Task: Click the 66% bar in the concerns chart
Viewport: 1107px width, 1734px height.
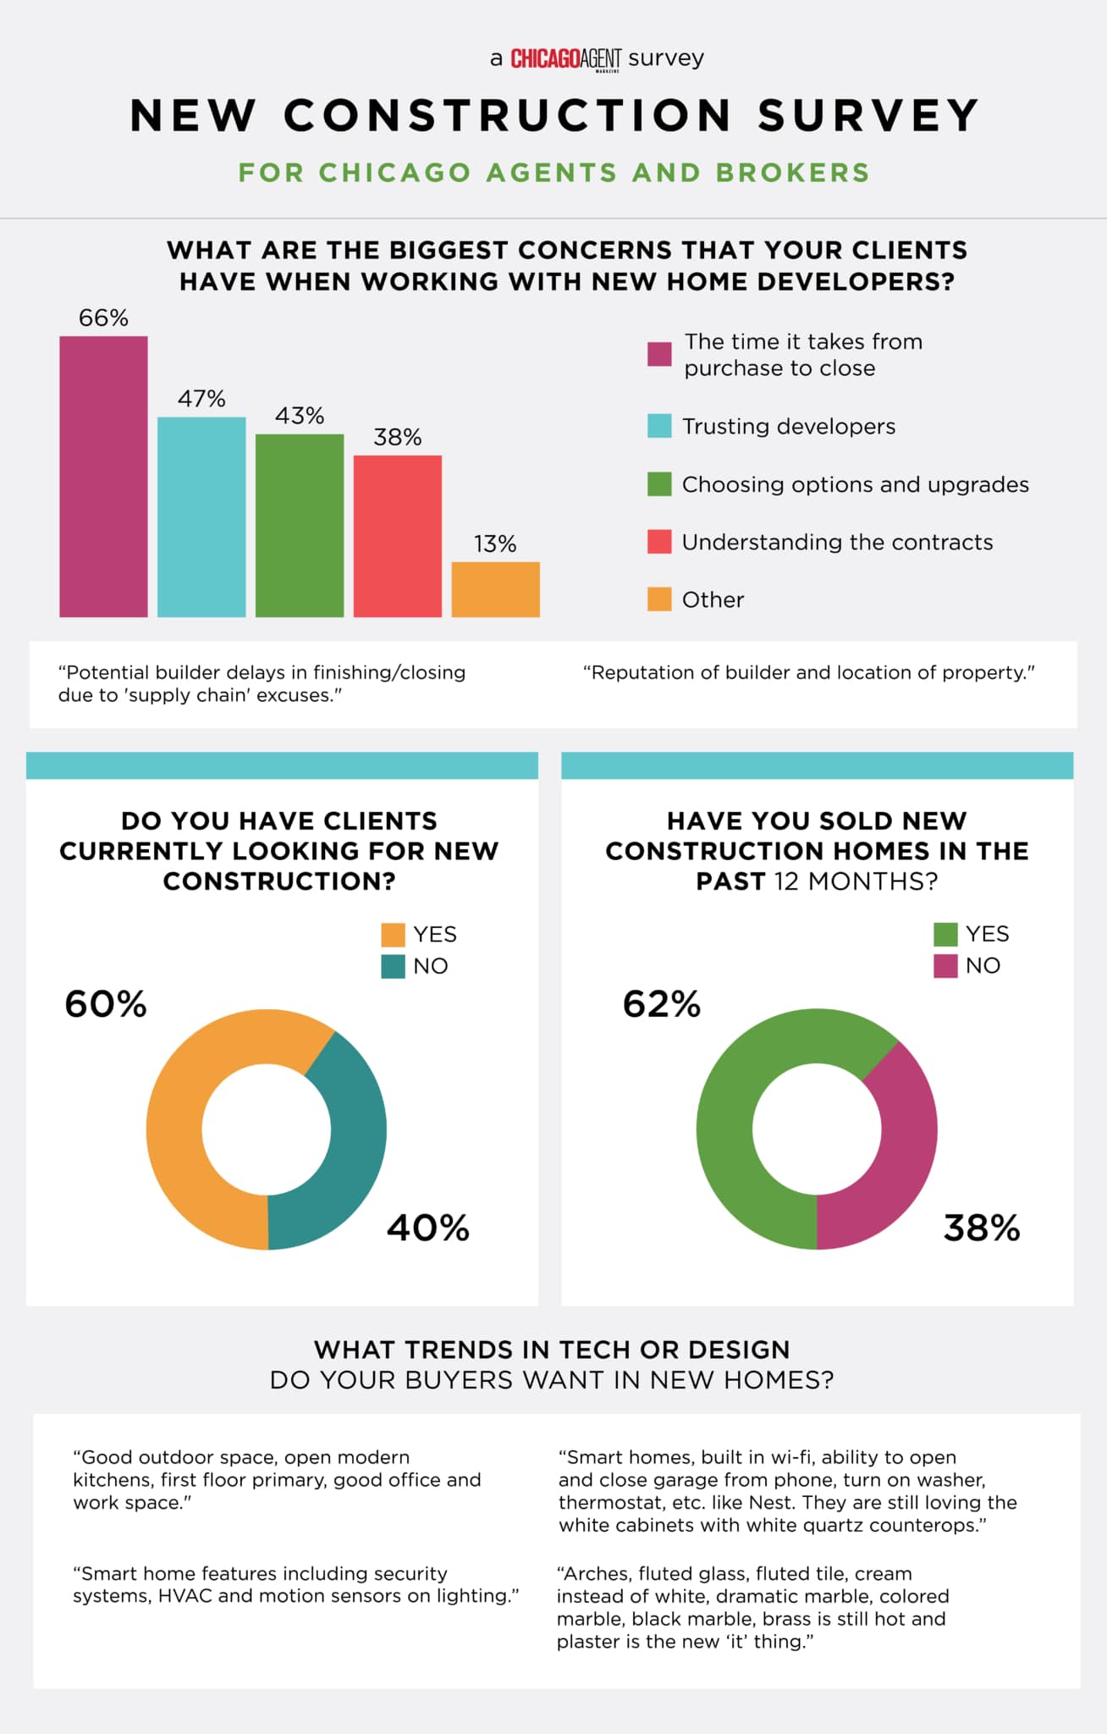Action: (x=103, y=476)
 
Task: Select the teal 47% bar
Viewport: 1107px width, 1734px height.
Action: (x=201, y=516)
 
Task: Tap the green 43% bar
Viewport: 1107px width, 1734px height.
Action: (x=300, y=525)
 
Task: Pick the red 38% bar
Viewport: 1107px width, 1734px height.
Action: (x=398, y=536)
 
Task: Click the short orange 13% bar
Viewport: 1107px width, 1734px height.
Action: (x=495, y=589)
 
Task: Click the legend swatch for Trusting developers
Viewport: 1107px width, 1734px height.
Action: (x=659, y=426)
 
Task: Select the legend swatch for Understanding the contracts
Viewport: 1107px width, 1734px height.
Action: (x=659, y=542)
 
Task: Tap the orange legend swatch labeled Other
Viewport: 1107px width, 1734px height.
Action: (x=659, y=599)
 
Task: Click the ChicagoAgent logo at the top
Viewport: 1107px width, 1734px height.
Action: (x=565, y=58)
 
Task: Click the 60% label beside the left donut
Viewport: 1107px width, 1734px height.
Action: (x=106, y=1004)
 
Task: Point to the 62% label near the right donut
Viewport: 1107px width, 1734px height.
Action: (x=662, y=1004)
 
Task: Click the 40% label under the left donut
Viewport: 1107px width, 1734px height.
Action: (x=428, y=1228)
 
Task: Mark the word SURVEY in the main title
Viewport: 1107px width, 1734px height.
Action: (x=869, y=115)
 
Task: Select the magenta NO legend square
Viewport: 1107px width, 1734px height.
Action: (x=945, y=966)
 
